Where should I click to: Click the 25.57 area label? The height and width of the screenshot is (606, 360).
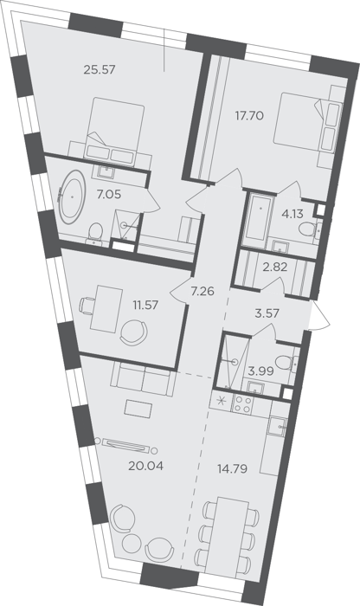[x=100, y=70]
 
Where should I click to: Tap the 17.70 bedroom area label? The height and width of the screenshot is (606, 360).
[x=249, y=115]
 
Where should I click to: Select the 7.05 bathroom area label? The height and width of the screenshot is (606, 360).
[x=109, y=194]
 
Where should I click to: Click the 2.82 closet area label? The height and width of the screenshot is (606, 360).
[x=274, y=267]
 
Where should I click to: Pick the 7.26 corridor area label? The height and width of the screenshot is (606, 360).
[x=202, y=291]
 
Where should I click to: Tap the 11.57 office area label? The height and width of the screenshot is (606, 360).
[x=146, y=305]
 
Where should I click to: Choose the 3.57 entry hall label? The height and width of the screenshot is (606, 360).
[x=267, y=313]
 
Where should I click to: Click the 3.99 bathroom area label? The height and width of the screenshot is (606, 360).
[x=261, y=371]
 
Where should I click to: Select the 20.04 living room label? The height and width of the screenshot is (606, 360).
[x=146, y=466]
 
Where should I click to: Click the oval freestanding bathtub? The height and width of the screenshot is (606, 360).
[x=72, y=197]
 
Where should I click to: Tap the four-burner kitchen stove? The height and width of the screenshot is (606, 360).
[x=244, y=405]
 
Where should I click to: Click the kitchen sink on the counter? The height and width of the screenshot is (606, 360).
[x=277, y=427]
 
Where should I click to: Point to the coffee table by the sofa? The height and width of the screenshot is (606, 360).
[x=138, y=408]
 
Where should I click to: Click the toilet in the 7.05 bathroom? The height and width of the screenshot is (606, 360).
[x=95, y=233]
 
